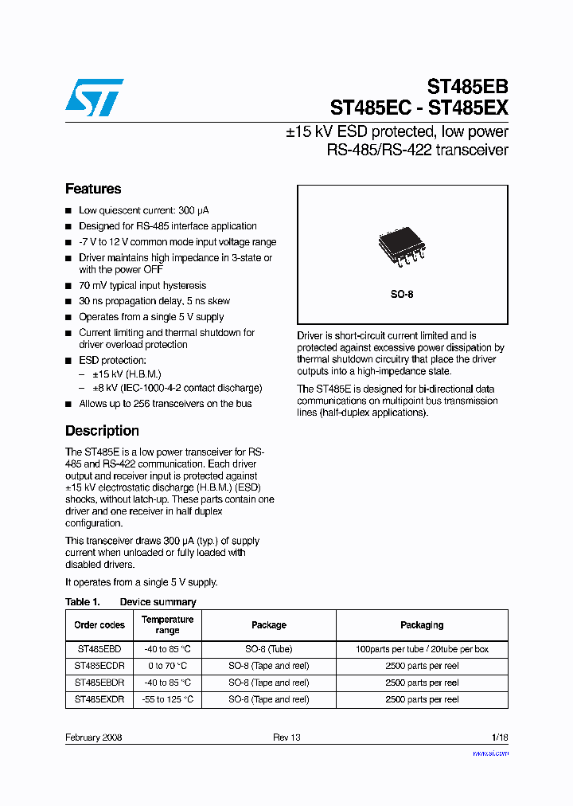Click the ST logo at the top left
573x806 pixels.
(x=94, y=96)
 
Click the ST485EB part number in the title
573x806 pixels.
(x=467, y=87)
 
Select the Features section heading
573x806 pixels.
(x=93, y=189)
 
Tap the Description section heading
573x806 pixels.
(x=102, y=431)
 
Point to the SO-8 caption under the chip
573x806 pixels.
(x=401, y=294)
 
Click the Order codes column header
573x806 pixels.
(x=99, y=625)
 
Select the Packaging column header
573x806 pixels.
(x=422, y=625)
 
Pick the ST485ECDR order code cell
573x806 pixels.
(x=99, y=666)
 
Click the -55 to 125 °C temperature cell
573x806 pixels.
(x=167, y=699)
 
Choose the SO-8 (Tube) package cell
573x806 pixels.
(x=268, y=649)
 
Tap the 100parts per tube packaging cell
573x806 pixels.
(x=422, y=649)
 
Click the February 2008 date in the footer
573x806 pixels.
(x=94, y=738)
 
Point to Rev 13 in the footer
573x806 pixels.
(x=286, y=738)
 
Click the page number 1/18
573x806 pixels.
(x=500, y=738)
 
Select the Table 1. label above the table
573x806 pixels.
(x=82, y=602)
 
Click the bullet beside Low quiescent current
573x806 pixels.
(x=68, y=211)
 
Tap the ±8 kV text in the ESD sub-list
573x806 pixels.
(x=103, y=388)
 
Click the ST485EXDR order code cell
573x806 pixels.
(x=99, y=699)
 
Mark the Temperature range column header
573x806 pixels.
(x=167, y=625)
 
